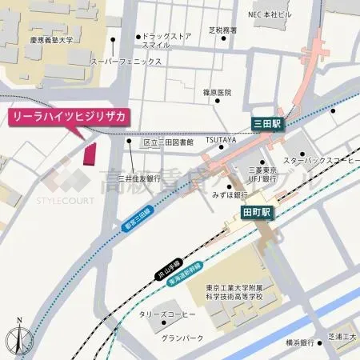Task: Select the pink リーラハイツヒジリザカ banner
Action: (x=68, y=117)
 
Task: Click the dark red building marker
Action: (x=90, y=152)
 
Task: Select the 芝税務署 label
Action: (x=223, y=30)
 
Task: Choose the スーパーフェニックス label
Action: (x=120, y=61)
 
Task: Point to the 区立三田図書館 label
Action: (x=168, y=142)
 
